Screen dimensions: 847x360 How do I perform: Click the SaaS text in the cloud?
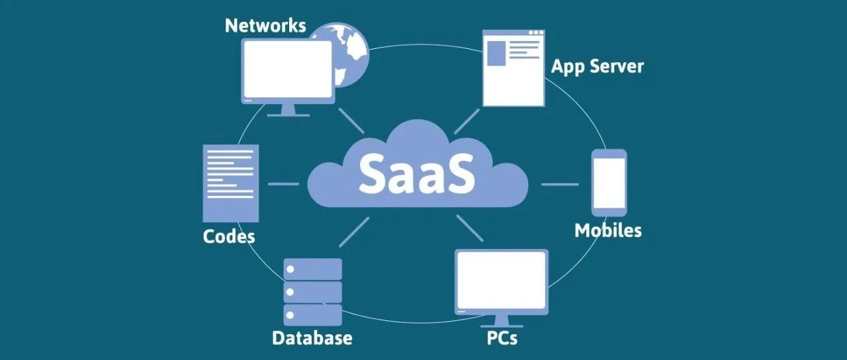[416, 173]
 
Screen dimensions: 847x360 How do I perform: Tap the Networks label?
[265, 26]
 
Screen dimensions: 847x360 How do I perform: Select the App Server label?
[597, 67]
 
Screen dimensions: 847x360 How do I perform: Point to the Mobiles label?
[608, 230]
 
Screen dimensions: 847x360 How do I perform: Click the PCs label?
[502, 337]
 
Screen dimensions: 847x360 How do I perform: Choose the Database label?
[312, 337]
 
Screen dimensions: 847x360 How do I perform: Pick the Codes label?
[229, 236]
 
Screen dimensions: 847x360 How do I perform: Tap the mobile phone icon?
[609, 183]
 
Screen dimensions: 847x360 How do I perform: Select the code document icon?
[231, 183]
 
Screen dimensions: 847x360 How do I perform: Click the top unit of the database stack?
[313, 269]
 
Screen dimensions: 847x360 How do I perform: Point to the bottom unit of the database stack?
[313, 315]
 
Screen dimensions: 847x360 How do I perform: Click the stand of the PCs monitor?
[502, 322]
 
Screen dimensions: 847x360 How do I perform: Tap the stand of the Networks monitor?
[288, 110]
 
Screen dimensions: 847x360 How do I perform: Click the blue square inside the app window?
[496, 54]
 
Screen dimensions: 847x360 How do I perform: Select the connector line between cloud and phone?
[560, 185]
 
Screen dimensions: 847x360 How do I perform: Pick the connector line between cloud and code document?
[284, 184]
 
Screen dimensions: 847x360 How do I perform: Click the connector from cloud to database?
[354, 232]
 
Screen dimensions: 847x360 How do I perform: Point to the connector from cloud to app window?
[467, 121]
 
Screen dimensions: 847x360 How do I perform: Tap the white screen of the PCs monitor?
[502, 280]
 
